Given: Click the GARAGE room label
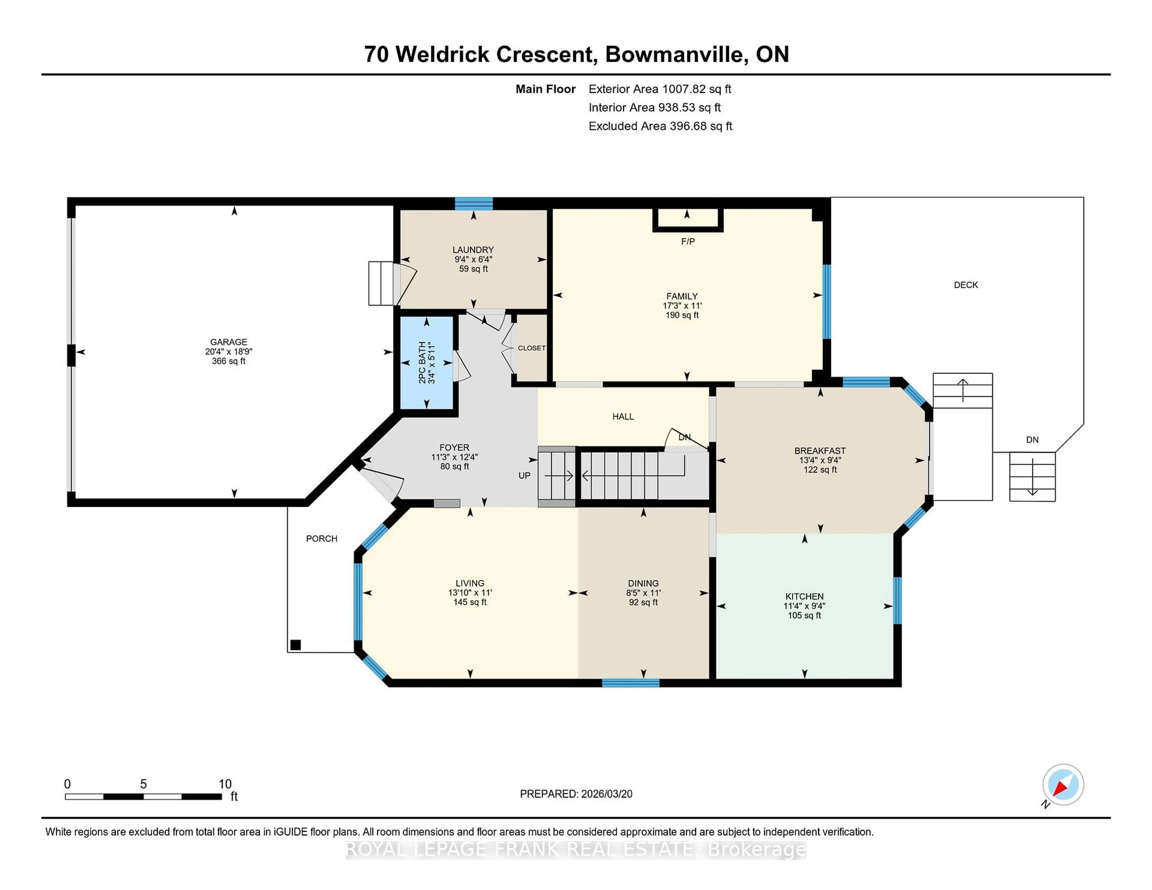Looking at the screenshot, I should (x=228, y=342).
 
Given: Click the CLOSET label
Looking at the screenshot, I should (x=531, y=348).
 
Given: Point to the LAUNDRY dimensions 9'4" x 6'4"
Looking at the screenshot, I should (x=473, y=259).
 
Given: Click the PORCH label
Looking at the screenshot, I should (x=321, y=538).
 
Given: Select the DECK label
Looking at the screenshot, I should (x=965, y=285).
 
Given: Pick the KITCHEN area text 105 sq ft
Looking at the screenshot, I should (x=804, y=615).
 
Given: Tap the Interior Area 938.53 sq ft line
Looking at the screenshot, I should (x=654, y=108).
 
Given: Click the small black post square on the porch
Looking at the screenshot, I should (x=295, y=644).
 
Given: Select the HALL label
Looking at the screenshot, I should (x=622, y=417).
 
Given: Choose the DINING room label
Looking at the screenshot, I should (x=643, y=583).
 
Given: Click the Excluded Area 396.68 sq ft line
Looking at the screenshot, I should (x=660, y=126).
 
